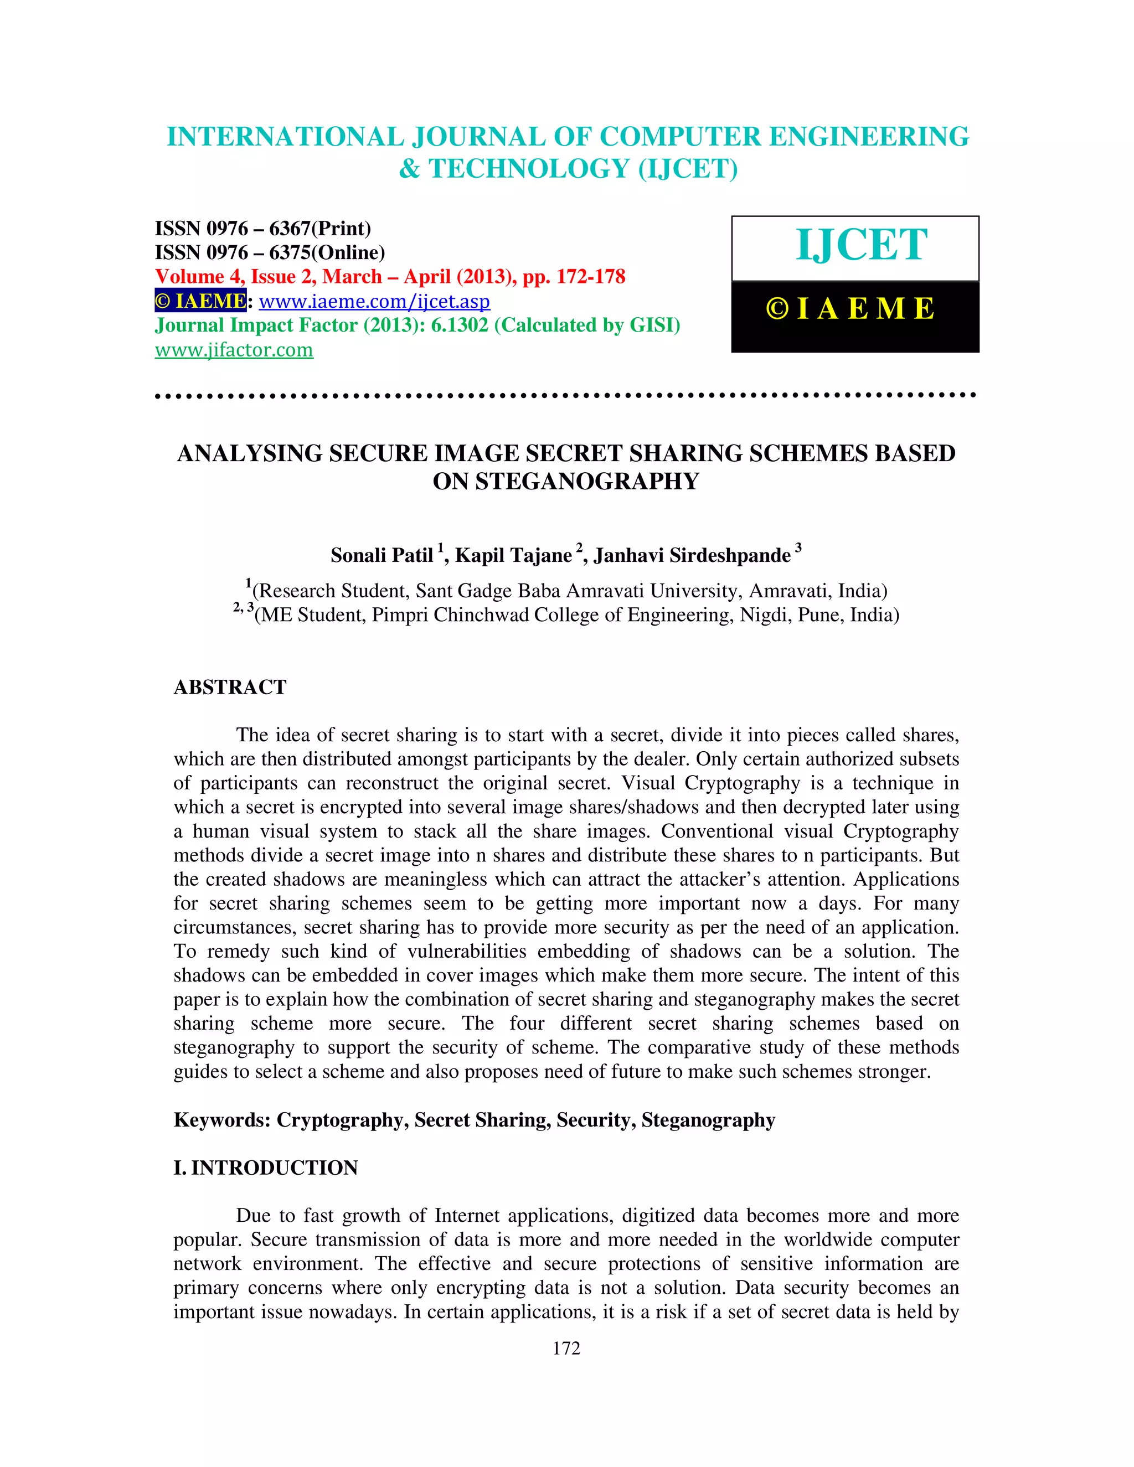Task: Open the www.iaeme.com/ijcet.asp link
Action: point(374,302)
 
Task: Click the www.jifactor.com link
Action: point(234,350)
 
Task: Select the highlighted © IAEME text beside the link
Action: point(200,301)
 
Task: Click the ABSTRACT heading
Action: point(230,687)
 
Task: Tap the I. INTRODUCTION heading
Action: point(265,1168)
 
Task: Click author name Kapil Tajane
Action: point(513,555)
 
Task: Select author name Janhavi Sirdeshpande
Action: point(692,555)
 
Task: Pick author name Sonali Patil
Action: point(382,555)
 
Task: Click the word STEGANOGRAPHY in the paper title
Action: point(587,482)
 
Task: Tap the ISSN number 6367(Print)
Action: point(320,229)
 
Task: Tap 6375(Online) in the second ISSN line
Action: point(327,252)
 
